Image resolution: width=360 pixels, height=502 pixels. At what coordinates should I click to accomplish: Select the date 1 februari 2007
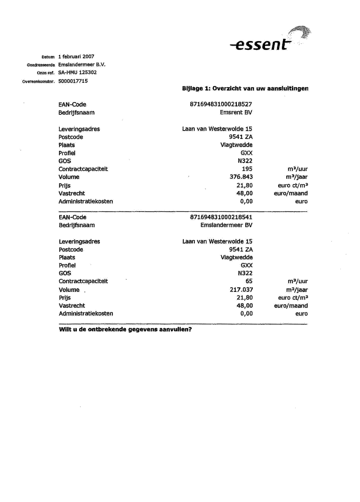[76, 56]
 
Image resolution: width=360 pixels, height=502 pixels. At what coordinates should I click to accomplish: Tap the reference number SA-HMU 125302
[78, 72]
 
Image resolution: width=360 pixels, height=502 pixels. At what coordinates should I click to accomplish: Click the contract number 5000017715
[73, 81]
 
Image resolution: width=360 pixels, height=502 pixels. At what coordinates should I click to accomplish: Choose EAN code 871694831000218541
[221, 217]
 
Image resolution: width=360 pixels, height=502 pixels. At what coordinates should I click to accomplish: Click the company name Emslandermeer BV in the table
[226, 225]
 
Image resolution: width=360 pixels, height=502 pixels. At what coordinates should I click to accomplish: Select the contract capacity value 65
[249, 281]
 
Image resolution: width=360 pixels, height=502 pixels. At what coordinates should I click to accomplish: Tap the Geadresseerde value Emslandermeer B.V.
[82, 64]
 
